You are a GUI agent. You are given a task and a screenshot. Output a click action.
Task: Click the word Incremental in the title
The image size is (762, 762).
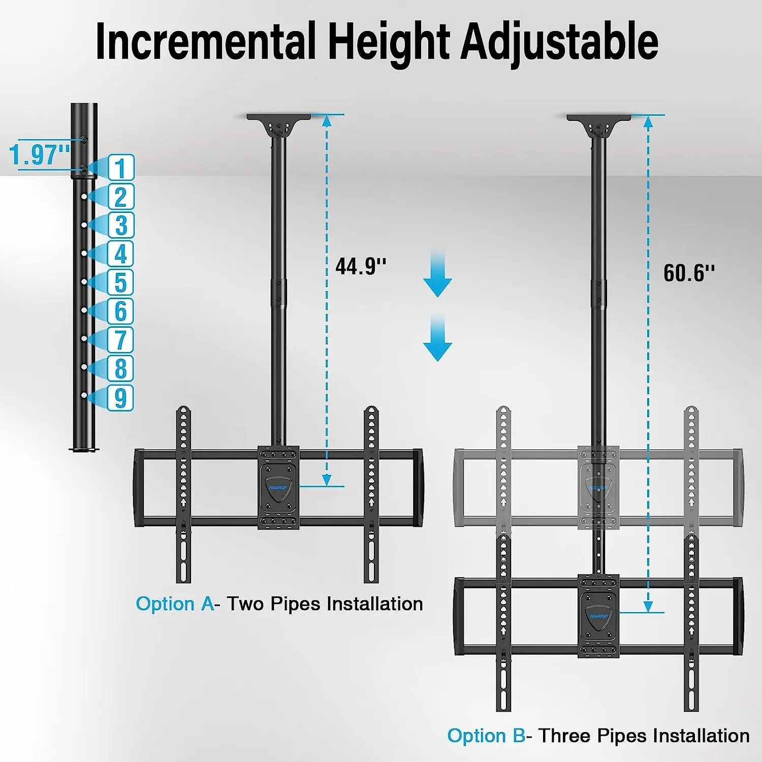pyautogui.click(x=206, y=42)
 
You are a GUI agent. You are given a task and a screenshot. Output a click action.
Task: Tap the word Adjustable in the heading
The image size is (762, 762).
pyautogui.click(x=559, y=42)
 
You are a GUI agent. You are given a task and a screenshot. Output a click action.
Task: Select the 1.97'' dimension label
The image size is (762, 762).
pyautogui.click(x=40, y=154)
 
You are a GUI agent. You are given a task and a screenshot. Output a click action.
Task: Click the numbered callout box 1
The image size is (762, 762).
pyautogui.click(x=121, y=168)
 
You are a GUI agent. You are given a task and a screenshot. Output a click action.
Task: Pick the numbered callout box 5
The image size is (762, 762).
pyautogui.click(x=120, y=282)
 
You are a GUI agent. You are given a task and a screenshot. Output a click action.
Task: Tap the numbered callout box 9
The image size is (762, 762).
pyautogui.click(x=120, y=398)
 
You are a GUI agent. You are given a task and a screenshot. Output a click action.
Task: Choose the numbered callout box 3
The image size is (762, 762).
pyautogui.click(x=121, y=226)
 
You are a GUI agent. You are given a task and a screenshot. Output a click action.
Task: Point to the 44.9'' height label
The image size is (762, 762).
pyautogui.click(x=361, y=266)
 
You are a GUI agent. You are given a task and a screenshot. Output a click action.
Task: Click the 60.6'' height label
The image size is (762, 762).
pyautogui.click(x=689, y=273)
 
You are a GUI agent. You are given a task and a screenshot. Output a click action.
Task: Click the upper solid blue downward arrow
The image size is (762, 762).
pyautogui.click(x=437, y=274)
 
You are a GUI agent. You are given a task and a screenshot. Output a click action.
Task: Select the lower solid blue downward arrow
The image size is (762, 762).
pyautogui.click(x=437, y=338)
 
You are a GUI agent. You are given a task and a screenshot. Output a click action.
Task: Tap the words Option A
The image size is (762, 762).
pyautogui.click(x=175, y=604)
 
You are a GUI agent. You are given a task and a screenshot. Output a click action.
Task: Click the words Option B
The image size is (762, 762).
pyautogui.click(x=486, y=736)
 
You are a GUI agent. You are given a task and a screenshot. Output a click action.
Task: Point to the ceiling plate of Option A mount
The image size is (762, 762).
pyautogui.click(x=278, y=117)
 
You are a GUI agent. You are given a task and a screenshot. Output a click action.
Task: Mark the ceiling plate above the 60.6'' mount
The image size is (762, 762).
pyautogui.click(x=598, y=118)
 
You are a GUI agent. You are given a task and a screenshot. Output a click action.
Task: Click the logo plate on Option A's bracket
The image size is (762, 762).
pyautogui.click(x=278, y=488)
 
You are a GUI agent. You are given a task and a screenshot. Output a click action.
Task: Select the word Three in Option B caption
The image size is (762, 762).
pyautogui.click(x=565, y=736)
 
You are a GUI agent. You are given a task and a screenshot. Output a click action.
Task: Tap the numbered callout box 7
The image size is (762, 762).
pyautogui.click(x=120, y=340)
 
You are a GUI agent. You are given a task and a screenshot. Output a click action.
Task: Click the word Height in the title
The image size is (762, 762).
pyautogui.click(x=389, y=42)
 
